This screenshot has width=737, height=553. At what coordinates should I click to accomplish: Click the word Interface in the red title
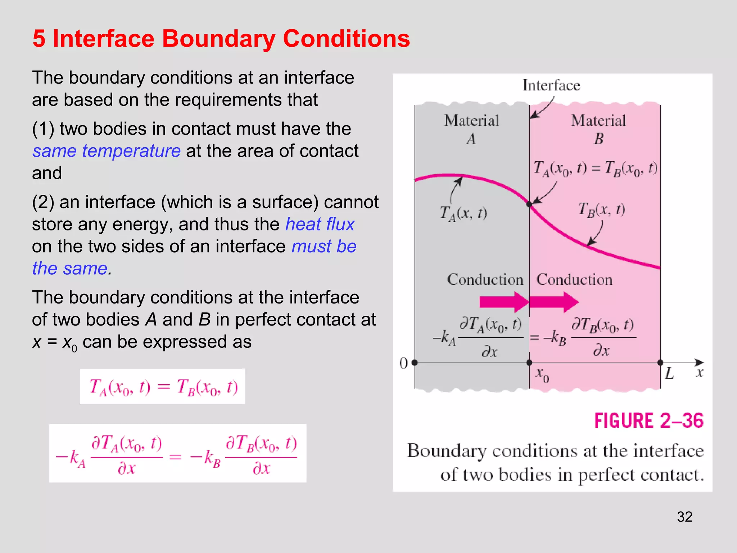[104, 39]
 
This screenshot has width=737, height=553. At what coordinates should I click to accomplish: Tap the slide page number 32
[684, 517]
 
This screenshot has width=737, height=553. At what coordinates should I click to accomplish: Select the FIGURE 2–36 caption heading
[648, 421]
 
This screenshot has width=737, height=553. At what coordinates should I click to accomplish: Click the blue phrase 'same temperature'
[106, 151]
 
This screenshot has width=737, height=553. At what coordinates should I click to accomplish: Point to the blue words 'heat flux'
[320, 224]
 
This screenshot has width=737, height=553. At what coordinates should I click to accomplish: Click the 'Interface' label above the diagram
[551, 85]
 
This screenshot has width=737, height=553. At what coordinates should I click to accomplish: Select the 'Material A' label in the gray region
[471, 129]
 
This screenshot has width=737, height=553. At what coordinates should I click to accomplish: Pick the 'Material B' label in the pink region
[598, 129]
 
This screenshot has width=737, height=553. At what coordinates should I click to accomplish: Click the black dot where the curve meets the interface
[529, 204]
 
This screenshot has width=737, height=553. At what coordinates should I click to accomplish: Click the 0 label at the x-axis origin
[403, 363]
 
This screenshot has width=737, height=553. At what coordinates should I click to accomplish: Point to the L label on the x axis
[669, 374]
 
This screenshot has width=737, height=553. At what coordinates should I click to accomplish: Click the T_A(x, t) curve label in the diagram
[464, 213]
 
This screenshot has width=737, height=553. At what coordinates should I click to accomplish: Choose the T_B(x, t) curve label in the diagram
[601, 210]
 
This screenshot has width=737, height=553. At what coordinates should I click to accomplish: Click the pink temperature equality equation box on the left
[162, 387]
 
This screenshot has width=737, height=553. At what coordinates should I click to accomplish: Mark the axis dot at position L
[660, 363]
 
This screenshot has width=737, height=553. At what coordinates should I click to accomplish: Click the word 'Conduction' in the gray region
[485, 280]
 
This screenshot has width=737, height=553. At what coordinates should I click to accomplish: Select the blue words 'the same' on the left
[70, 269]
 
